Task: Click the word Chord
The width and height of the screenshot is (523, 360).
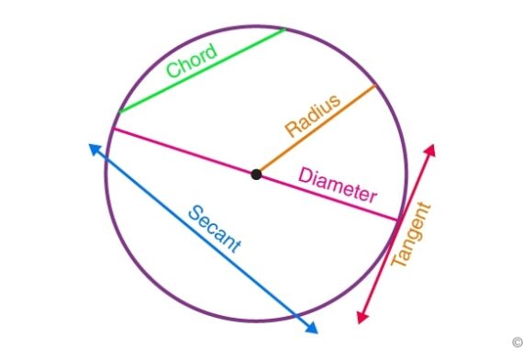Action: click(x=191, y=61)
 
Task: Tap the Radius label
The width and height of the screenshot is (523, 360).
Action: click(x=312, y=116)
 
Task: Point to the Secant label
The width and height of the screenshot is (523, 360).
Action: click(x=214, y=229)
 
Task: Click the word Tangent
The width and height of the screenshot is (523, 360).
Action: click(x=410, y=234)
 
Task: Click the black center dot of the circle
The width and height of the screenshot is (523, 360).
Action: click(x=256, y=174)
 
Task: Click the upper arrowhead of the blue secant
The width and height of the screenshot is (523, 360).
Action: click(x=94, y=149)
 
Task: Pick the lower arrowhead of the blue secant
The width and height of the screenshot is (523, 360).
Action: click(x=312, y=328)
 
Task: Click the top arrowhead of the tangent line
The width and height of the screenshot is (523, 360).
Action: click(x=429, y=149)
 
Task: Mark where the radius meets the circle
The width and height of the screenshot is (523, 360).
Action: click(x=375, y=86)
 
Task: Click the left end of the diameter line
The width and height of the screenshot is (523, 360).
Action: click(x=110, y=129)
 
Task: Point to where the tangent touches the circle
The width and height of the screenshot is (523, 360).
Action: click(x=399, y=219)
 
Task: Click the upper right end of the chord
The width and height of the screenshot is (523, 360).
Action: click(x=285, y=29)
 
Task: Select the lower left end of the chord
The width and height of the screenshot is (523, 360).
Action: click(x=118, y=112)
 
